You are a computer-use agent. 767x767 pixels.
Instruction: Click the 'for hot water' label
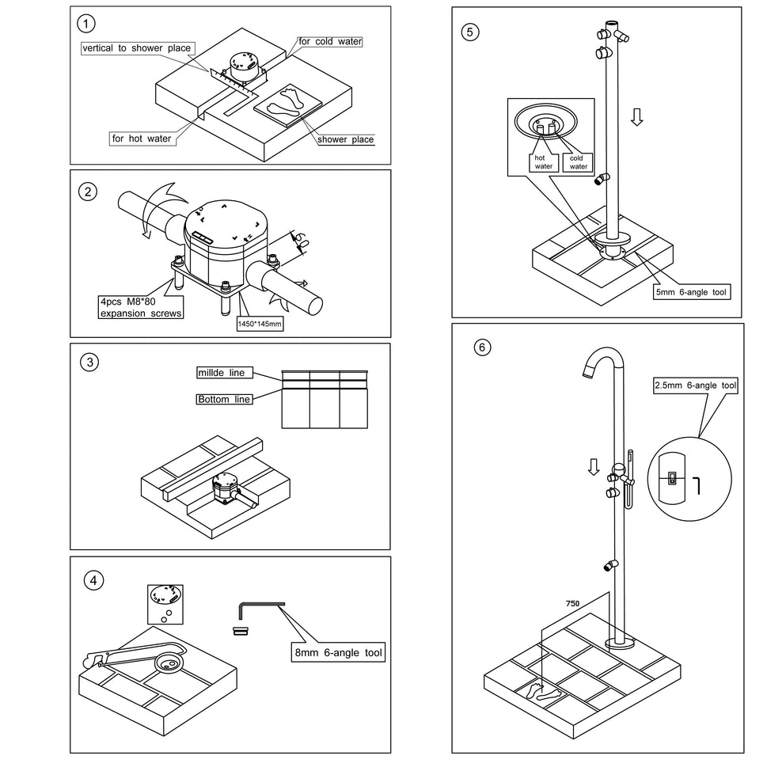tap(141, 139)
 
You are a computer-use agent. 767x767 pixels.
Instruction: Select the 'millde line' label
tap(221, 372)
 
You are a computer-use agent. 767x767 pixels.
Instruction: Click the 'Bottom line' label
tap(224, 400)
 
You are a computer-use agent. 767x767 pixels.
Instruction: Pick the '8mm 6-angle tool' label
tap(338, 653)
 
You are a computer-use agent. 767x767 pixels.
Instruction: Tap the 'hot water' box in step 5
tap(543, 161)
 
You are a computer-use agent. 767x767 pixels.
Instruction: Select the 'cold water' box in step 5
tap(578, 161)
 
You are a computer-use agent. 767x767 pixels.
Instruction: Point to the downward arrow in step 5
tap(636, 117)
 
